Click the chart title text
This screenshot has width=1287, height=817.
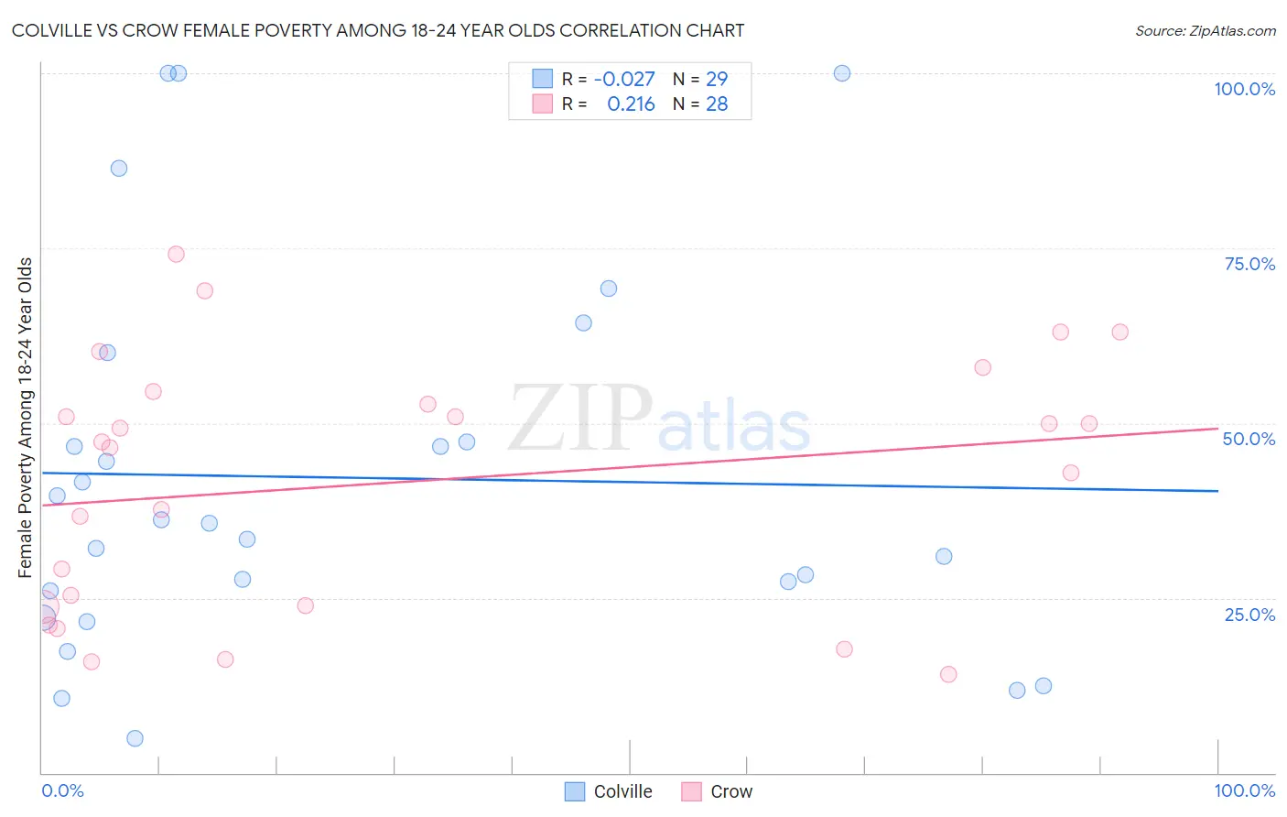(378, 30)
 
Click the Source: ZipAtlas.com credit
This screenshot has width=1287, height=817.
(1205, 30)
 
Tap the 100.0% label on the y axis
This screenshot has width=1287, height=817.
(1244, 89)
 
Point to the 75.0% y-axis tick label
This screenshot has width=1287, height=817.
(1249, 264)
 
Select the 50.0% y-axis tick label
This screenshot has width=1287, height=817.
(1249, 439)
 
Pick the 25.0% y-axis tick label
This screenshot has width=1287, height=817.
(1249, 615)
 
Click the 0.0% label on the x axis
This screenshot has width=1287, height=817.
(62, 790)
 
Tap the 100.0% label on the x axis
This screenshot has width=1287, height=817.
(1244, 790)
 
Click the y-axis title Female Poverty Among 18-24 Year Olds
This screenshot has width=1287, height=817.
(26, 418)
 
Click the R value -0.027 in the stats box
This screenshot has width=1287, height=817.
(624, 79)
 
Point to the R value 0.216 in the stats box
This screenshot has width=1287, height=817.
(631, 104)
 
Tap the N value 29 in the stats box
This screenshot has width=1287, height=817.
(717, 79)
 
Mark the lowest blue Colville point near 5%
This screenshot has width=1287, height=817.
(135, 738)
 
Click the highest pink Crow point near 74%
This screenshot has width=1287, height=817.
(176, 254)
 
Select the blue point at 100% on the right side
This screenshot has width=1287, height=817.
(842, 73)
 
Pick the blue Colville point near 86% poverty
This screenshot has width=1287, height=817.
(119, 169)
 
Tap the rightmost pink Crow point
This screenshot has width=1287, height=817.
(1119, 332)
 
